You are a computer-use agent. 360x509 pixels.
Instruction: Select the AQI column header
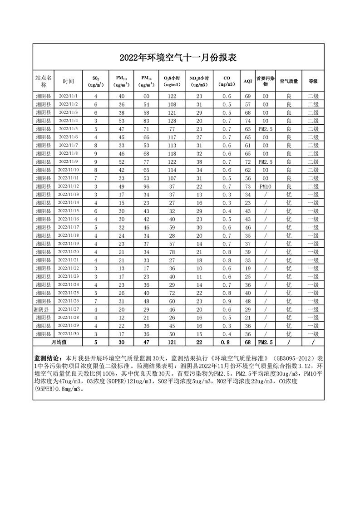coord(247,81)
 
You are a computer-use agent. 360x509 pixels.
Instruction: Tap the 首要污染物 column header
coord(266,81)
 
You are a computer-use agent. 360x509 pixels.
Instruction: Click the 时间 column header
coord(69,81)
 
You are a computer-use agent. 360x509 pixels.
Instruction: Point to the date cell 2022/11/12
coord(69,186)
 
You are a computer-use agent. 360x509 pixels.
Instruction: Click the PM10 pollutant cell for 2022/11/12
coord(266,186)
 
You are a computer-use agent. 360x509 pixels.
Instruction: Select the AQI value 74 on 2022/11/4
coord(247,121)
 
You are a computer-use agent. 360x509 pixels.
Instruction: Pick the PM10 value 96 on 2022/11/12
coord(146,186)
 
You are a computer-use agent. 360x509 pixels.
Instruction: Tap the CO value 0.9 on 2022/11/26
coord(227,301)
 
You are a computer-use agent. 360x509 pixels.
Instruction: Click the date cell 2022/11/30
coord(69,333)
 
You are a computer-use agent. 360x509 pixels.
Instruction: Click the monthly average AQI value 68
coord(247,342)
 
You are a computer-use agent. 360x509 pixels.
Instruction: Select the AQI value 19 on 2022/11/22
coord(247,268)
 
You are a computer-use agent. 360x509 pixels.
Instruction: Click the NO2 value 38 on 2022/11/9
coord(199,162)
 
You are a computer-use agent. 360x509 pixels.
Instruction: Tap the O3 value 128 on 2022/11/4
coord(172,121)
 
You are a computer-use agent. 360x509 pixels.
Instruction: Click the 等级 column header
coord(313,81)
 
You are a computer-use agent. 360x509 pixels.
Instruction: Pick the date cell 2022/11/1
coord(69,96)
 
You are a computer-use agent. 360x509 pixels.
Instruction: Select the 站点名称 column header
coord(44,81)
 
